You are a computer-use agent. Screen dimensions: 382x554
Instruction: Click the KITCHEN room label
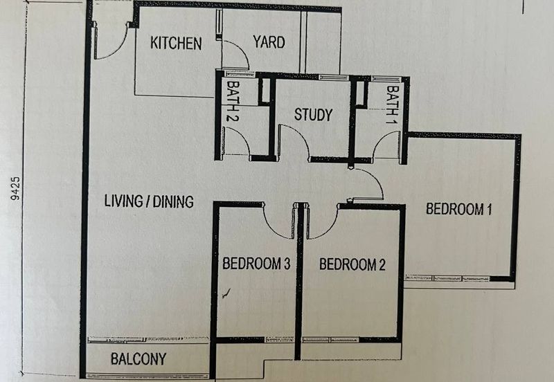[x=176, y=44]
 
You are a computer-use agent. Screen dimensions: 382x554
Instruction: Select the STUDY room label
[x=313, y=115]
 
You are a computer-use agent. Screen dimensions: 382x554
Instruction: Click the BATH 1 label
[x=393, y=102]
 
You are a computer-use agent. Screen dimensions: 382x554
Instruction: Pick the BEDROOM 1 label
[x=458, y=209]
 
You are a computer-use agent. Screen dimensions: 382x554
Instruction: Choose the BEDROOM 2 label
[x=352, y=264]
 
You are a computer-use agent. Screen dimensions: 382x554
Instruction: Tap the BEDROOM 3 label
[x=255, y=264]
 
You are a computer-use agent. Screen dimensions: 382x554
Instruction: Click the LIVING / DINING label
[x=148, y=202]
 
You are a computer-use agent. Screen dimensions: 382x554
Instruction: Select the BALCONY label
[x=138, y=359]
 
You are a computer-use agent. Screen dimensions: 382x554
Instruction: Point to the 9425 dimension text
[x=16, y=187]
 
